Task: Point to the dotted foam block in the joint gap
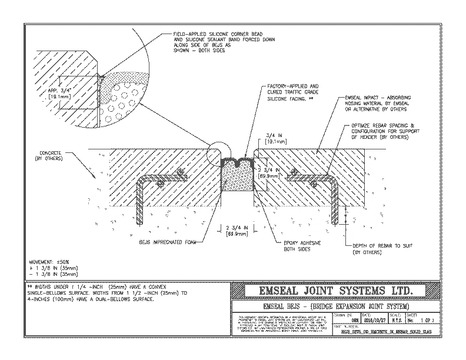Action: click(238, 176)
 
